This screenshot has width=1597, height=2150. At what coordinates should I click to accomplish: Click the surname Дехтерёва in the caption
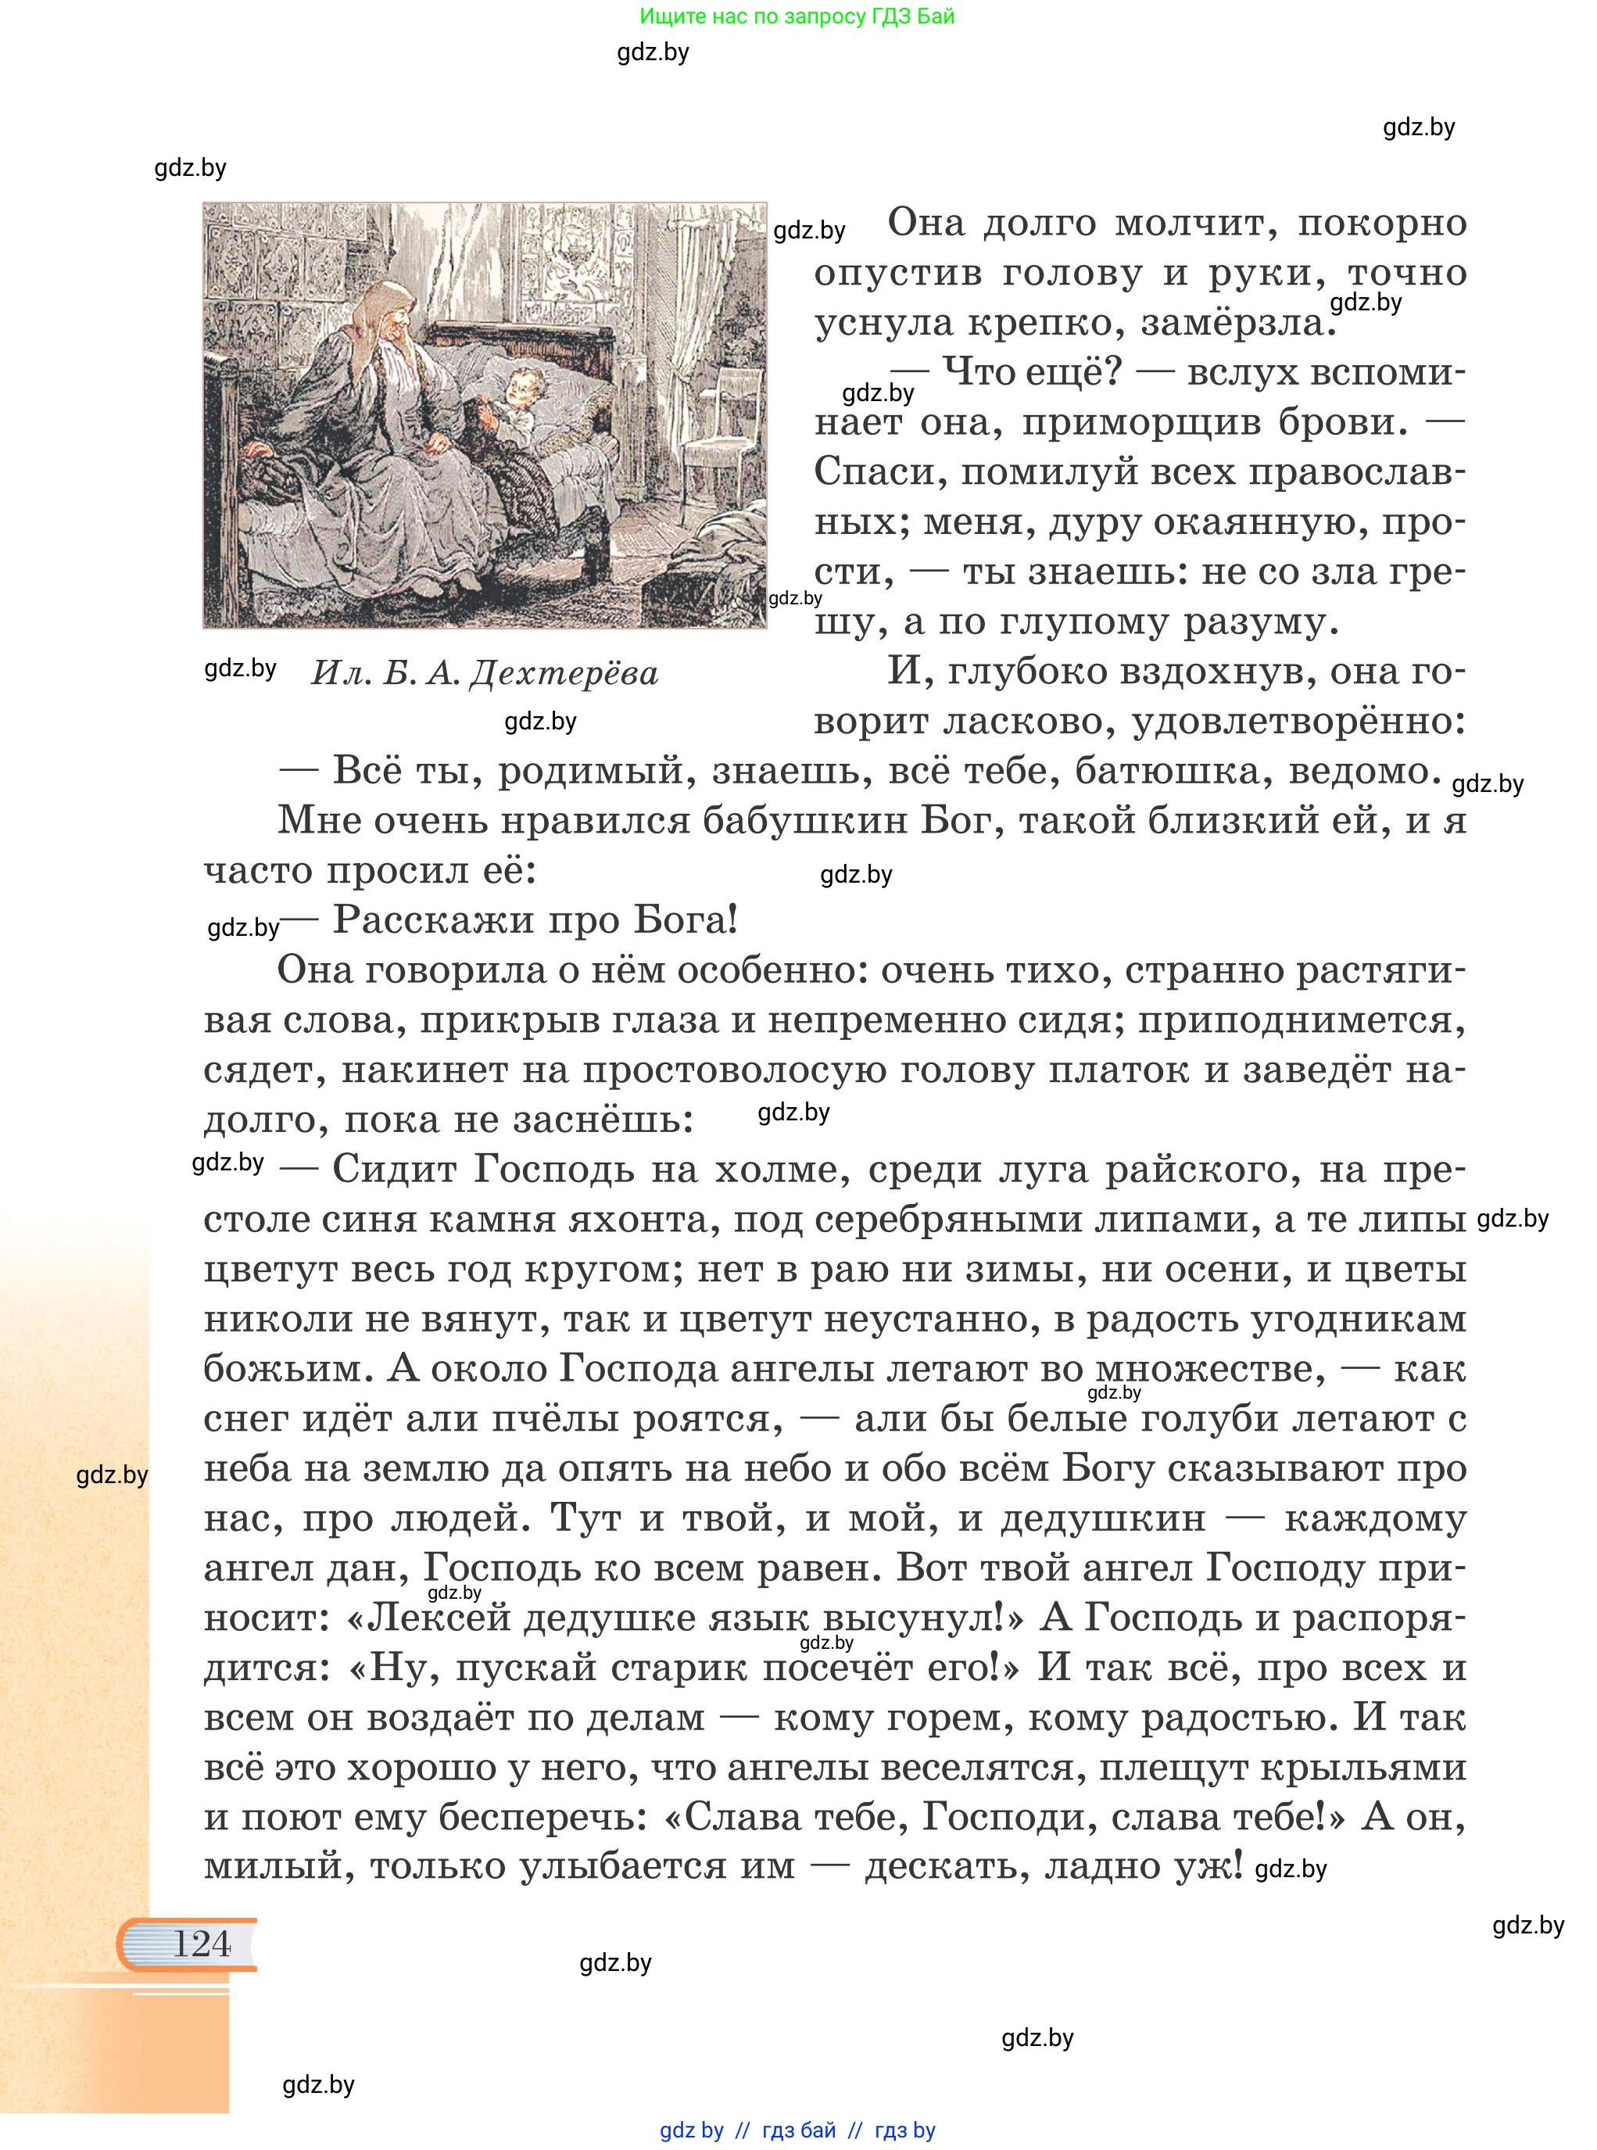coord(563,673)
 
